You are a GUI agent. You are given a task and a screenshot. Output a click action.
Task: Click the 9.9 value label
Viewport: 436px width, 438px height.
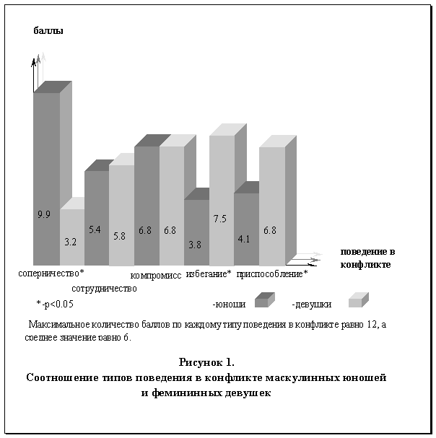[44, 214]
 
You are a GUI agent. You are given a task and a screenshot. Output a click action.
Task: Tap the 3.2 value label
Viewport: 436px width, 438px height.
[71, 242]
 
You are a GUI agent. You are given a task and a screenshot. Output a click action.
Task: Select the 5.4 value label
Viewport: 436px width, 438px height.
[95, 229]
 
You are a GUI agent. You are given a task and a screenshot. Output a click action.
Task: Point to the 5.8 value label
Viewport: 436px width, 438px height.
[119, 237]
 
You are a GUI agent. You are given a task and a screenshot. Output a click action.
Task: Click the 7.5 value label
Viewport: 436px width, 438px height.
[220, 219]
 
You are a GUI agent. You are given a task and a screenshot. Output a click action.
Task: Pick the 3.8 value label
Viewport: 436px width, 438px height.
[195, 245]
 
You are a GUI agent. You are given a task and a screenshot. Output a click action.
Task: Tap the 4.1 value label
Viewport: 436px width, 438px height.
[244, 239]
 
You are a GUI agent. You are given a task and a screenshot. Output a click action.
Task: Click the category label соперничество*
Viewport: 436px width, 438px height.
[51, 273]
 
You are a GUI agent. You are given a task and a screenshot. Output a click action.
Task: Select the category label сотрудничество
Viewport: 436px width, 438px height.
[104, 289]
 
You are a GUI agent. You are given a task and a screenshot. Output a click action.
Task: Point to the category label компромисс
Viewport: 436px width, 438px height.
[156, 276]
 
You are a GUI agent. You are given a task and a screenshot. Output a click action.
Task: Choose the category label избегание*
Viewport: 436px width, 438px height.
[209, 273]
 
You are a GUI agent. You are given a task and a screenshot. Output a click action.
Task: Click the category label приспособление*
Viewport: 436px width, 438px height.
[272, 274]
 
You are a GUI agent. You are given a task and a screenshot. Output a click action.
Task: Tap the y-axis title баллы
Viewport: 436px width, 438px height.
[48, 30]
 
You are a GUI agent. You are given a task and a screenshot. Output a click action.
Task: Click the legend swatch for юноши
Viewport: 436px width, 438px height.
[265, 300]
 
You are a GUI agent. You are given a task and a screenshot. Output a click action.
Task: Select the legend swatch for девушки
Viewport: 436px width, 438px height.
[359, 300]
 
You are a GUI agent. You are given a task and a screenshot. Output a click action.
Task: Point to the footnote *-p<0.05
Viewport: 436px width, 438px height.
[55, 304]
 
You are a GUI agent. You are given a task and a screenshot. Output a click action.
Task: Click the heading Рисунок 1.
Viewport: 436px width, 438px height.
[206, 362]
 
